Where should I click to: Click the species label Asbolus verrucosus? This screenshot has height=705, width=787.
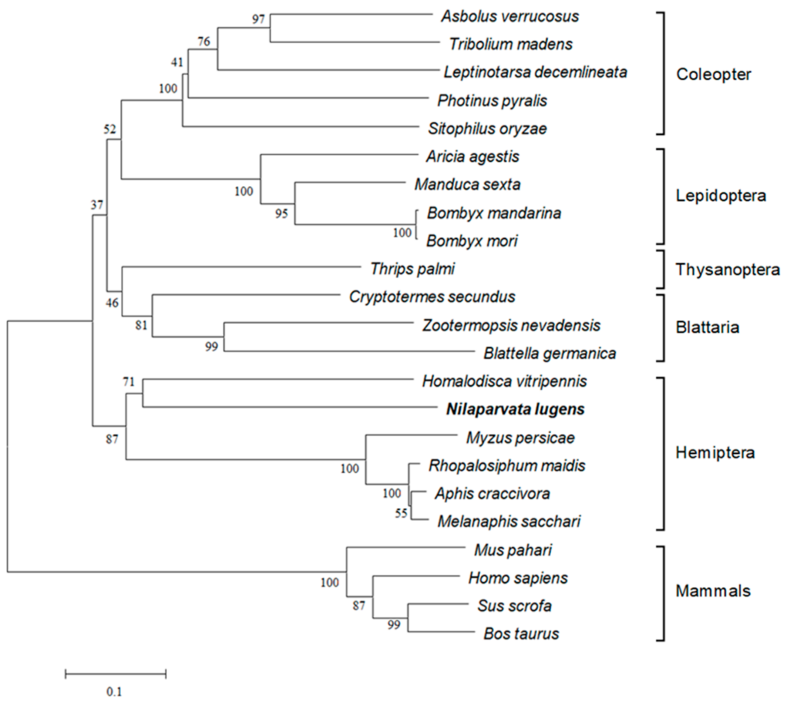[x=510, y=17]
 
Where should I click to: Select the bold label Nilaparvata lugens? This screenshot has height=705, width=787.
[x=515, y=409]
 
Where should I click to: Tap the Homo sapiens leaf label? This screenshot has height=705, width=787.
[x=518, y=578]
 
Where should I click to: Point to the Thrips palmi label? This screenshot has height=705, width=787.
[x=413, y=269]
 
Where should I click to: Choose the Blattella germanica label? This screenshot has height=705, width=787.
[x=549, y=353]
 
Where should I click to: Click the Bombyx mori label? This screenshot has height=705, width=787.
[x=472, y=241]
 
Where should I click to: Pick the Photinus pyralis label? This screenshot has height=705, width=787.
[x=492, y=101]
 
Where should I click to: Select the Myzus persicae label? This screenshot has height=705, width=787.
[x=520, y=438]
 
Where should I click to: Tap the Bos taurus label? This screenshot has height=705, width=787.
[x=521, y=634]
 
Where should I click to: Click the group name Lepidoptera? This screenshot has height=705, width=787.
[x=721, y=196]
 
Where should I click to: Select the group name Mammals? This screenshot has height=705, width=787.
[x=713, y=591]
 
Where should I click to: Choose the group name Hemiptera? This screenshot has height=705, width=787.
[x=715, y=453]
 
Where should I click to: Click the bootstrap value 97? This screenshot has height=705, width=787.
[x=258, y=19]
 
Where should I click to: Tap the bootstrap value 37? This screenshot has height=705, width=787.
[x=97, y=205]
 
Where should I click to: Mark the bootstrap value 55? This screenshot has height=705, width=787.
[x=401, y=513]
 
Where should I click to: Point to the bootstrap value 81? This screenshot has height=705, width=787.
[x=141, y=325]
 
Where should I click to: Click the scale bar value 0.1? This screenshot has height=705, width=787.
[x=114, y=691]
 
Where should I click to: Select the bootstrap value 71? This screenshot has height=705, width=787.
[x=129, y=382]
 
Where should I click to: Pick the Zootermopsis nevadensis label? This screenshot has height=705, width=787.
[x=511, y=325]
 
